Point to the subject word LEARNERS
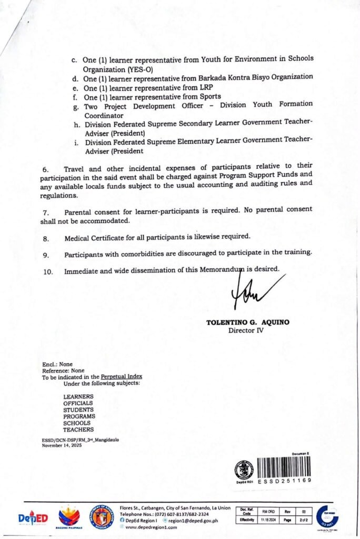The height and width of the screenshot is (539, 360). [78, 396]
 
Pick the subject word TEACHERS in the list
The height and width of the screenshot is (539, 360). [79, 430]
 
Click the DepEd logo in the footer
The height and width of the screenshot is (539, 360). [33, 518]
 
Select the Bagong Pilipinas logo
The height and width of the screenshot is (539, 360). [69, 517]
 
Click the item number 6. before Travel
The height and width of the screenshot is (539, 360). [45, 169]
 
